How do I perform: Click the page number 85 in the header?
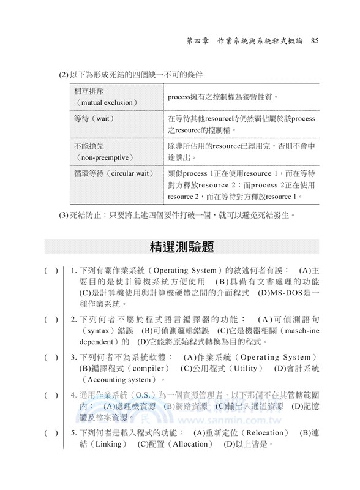(315, 42)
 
